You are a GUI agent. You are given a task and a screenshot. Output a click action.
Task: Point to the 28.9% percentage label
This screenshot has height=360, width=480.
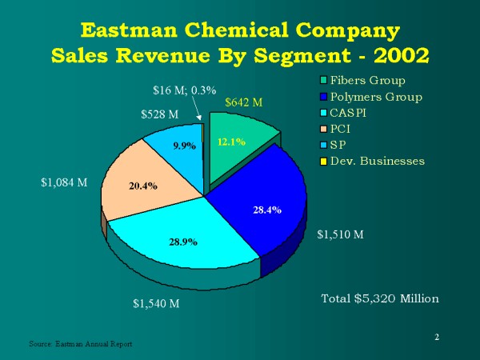[184, 240]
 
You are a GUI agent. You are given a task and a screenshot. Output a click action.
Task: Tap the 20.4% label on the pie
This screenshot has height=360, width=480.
[142, 186]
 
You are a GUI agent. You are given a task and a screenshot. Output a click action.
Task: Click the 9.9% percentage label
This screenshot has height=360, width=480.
[185, 146]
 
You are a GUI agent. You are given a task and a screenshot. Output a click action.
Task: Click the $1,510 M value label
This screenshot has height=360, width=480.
[340, 234]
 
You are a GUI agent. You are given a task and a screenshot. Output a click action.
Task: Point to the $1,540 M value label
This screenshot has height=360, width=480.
[155, 303]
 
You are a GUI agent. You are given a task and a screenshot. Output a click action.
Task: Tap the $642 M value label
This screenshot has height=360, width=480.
[244, 102]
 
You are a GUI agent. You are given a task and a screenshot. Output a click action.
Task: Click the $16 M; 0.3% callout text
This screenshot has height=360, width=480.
[184, 90]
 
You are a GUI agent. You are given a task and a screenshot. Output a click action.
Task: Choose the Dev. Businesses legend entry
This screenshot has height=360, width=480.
[379, 161]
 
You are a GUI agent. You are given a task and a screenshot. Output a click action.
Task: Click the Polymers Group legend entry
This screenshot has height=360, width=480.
[374, 97]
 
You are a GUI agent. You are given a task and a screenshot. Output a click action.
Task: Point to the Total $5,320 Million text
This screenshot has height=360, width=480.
[380, 298]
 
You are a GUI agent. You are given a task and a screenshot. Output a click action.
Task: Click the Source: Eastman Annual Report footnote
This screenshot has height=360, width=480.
[80, 343]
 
